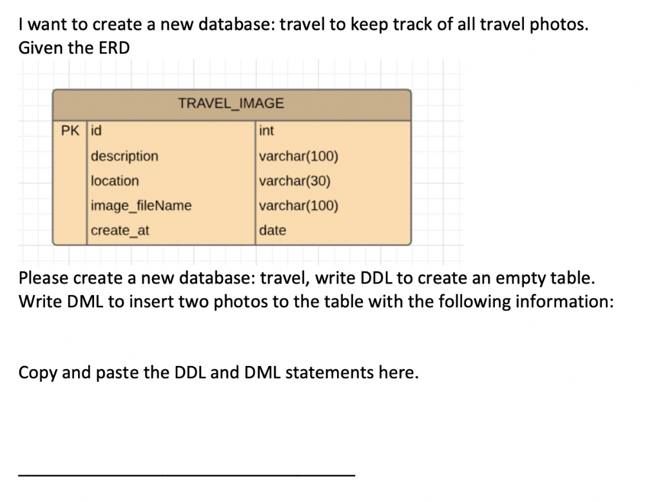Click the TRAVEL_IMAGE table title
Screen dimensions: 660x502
tap(231, 103)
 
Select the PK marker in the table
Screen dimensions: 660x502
tap(70, 131)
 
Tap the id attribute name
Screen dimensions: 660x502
tap(96, 131)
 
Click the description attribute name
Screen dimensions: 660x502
tap(124, 156)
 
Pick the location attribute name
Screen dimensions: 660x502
tap(115, 181)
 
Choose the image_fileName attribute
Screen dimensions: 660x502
tap(141, 206)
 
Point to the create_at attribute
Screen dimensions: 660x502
tap(120, 230)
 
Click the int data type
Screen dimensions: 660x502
tap(266, 131)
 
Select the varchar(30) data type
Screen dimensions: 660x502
tap(295, 181)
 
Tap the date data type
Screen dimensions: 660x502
tap(272, 230)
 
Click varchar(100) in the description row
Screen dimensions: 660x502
tap(298, 156)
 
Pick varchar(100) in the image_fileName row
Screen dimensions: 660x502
tap(298, 206)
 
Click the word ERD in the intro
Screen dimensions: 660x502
tap(114, 48)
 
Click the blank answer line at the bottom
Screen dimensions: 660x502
tap(187, 475)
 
